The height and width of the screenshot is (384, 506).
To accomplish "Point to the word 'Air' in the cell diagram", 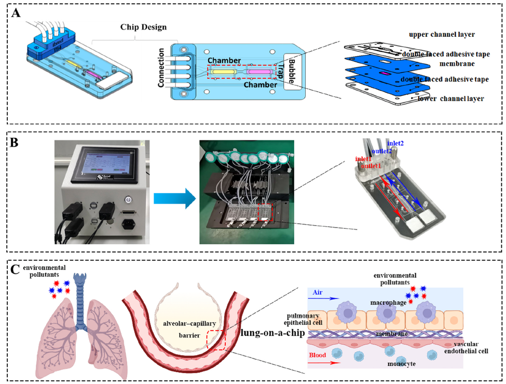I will point(318,292).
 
